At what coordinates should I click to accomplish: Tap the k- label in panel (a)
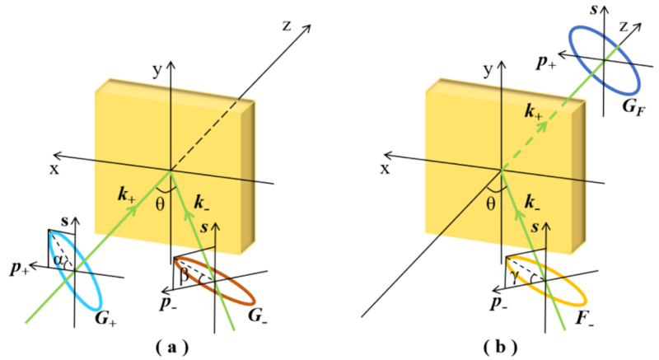pos(200,200)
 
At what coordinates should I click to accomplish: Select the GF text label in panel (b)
pos(633,105)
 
